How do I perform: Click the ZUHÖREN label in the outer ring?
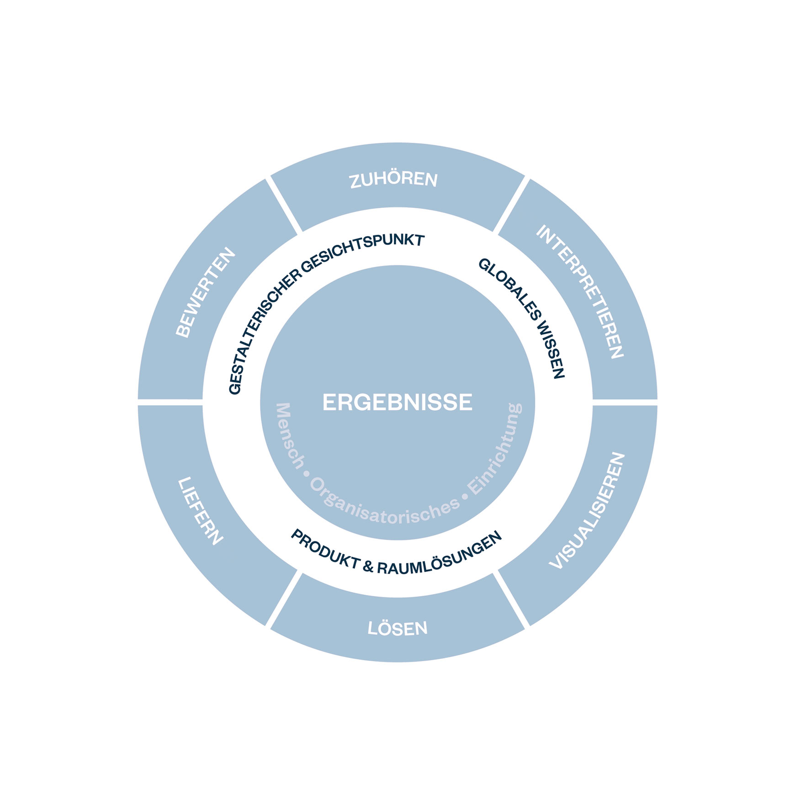[394, 179]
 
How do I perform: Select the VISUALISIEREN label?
[588, 511]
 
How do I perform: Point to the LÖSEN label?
[397, 628]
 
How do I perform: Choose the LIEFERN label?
[200, 511]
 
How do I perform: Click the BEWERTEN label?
[206, 292]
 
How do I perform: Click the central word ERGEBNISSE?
[397, 403]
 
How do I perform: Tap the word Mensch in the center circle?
[290, 436]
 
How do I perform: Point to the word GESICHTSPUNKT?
[363, 251]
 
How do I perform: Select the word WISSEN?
[551, 350]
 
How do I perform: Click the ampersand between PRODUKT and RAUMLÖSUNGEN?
[368, 567]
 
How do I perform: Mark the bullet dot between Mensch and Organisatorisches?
[307, 474]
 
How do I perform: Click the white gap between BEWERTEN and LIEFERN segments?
[170, 402]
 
